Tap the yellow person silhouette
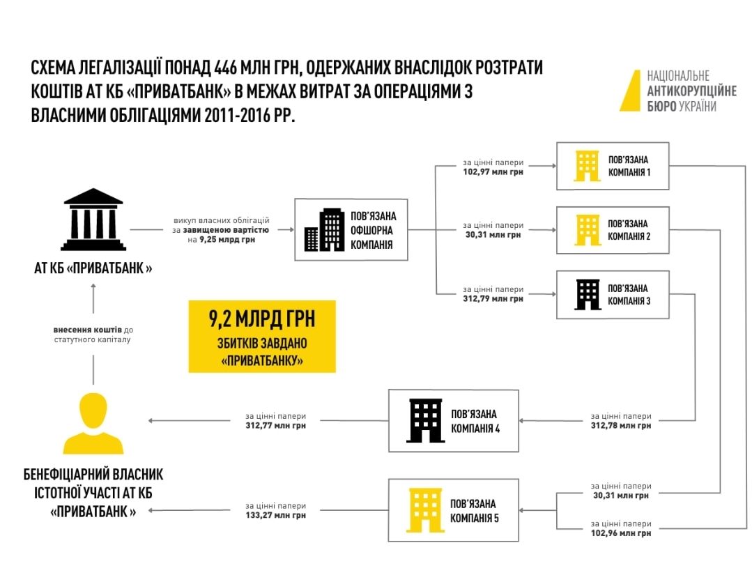(93, 422)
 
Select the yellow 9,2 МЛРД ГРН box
(261, 336)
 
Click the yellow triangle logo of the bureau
(630, 91)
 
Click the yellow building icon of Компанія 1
(587, 166)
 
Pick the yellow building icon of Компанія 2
(587, 230)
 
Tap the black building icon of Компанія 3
(587, 294)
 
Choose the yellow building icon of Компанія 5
(425, 510)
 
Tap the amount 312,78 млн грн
(621, 425)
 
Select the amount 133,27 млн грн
(275, 516)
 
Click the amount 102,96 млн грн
(621, 533)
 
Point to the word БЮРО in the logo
(661, 107)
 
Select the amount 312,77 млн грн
(275, 425)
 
